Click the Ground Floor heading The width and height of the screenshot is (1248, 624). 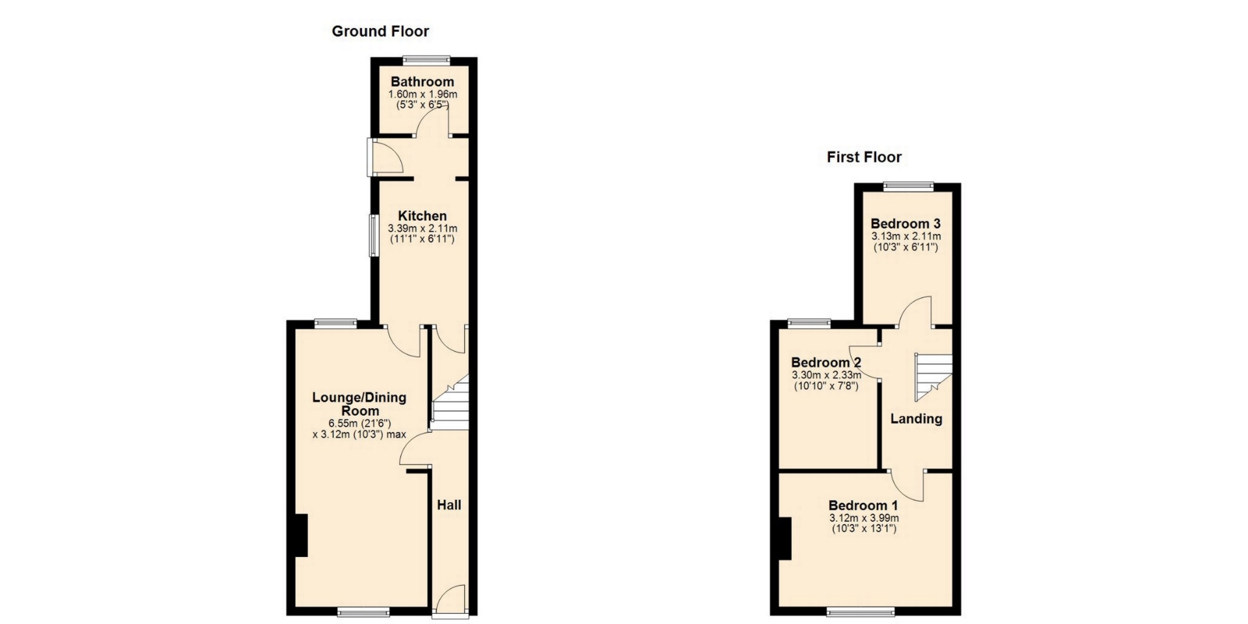[380, 31]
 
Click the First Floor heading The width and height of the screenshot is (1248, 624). [864, 157]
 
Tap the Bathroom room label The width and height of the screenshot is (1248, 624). [422, 82]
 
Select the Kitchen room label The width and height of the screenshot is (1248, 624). [422, 216]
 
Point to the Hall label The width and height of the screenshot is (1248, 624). [449, 505]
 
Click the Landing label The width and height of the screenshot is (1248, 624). [916, 419]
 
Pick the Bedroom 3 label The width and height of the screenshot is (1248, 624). [905, 224]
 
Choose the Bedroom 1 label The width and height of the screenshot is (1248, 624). [863, 505]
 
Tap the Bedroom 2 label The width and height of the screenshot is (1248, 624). [826, 363]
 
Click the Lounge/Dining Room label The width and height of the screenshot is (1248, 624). [359, 404]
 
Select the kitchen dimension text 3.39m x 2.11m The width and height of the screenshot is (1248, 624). [422, 228]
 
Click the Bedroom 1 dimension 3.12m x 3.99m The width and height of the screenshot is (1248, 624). [864, 518]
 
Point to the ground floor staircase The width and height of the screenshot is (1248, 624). [450, 402]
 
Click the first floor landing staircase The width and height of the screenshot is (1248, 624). [934, 377]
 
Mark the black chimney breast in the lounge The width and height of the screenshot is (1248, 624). [301, 535]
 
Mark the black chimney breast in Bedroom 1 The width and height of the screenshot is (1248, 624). [785, 538]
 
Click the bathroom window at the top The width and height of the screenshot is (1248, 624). [426, 60]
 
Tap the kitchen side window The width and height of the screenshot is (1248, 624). [374, 235]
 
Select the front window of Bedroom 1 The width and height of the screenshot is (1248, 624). [861, 611]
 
